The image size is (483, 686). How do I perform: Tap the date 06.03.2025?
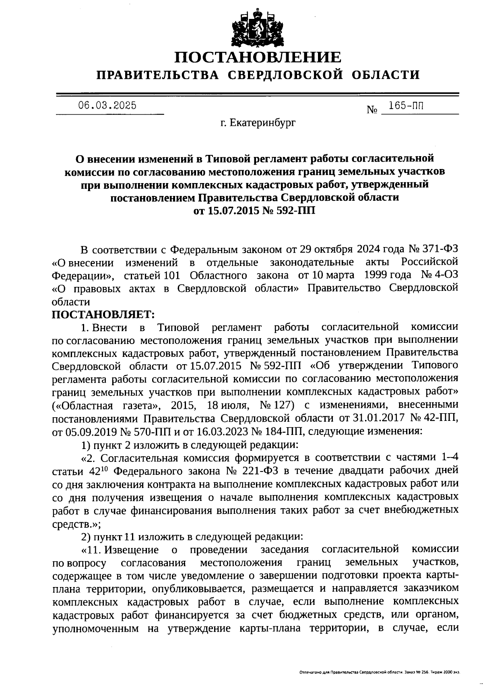coord(107,106)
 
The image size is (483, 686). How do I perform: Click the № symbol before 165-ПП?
coord(372,109)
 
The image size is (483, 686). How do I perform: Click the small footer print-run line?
coord(379,672)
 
